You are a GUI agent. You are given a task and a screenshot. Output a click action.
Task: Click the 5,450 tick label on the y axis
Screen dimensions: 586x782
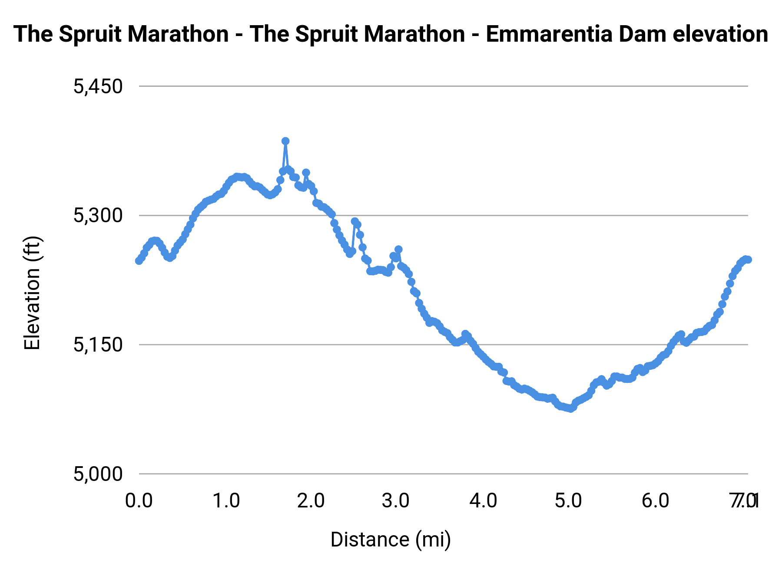[x=98, y=87]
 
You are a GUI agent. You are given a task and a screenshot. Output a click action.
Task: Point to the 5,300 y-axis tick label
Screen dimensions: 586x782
[x=98, y=216]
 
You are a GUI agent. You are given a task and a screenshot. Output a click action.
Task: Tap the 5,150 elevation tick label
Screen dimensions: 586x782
[x=98, y=345]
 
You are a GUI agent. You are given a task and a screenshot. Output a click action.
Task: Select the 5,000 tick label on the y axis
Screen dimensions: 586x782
[x=98, y=474]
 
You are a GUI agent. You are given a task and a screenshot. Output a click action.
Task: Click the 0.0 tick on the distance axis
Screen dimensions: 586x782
[x=139, y=501]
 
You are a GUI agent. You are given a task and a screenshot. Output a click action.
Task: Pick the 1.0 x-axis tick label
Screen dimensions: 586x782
[x=226, y=501]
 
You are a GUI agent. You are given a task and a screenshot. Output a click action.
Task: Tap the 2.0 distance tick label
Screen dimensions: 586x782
[x=311, y=501]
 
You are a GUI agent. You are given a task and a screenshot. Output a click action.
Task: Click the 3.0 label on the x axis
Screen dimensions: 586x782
[x=396, y=501]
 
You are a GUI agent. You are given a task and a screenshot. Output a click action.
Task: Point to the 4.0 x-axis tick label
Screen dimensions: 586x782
[x=483, y=501]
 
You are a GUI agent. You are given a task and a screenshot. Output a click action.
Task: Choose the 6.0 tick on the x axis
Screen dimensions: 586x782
[x=655, y=501]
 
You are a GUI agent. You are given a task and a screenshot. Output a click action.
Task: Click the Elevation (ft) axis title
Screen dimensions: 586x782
[x=33, y=293]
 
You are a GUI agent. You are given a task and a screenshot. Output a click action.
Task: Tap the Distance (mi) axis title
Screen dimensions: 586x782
[x=391, y=540]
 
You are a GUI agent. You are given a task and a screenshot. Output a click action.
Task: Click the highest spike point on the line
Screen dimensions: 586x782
[x=285, y=141]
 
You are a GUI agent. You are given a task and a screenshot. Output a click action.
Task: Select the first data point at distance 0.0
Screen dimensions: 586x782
[x=139, y=261]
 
